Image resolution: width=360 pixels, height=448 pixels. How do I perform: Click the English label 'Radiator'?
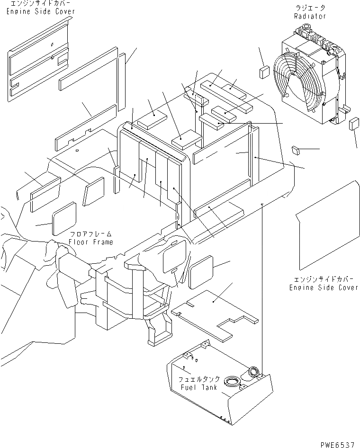310,16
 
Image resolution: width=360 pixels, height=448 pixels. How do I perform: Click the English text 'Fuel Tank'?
199,387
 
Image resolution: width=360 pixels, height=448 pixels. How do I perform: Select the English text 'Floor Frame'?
91,242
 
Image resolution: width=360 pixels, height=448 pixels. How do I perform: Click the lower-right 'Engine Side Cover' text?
324,287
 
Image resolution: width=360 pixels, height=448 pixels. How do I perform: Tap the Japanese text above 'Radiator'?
310,8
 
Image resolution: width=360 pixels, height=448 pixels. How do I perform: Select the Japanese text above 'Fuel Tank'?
199,379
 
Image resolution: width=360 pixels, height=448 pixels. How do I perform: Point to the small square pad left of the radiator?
264,72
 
